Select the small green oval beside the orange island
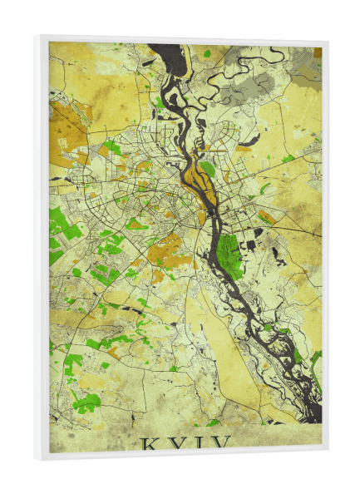[x=208, y=169]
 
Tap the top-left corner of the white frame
[x=37, y=37]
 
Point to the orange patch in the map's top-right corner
[x=316, y=53]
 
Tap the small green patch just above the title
[x=213, y=422]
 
